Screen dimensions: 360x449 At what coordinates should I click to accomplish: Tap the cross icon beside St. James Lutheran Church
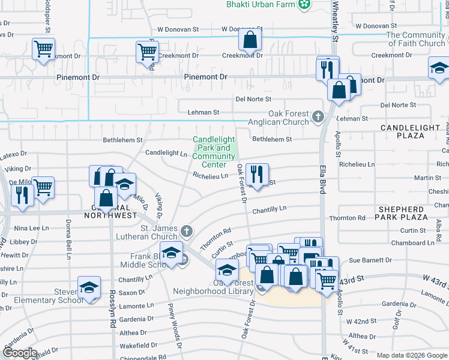187,231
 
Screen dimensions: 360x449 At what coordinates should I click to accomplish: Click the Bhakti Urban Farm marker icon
306,5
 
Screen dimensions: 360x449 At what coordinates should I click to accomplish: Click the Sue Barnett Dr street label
370,260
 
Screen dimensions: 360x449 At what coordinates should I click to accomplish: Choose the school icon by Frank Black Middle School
172,253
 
